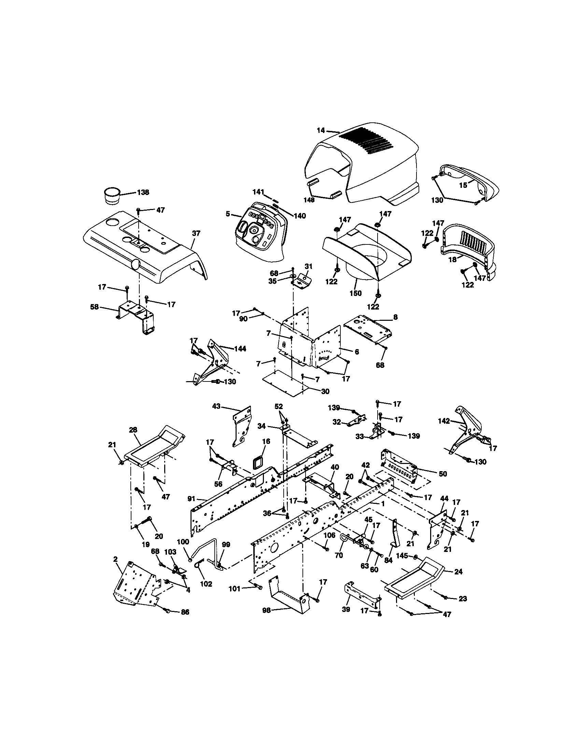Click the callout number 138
click(143, 192)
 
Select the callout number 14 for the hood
click(321, 131)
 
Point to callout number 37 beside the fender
click(196, 234)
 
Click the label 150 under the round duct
click(355, 293)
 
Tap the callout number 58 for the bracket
click(94, 307)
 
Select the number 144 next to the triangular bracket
click(240, 349)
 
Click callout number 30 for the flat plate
click(325, 391)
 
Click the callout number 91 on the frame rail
click(192, 498)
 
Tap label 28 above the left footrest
click(133, 430)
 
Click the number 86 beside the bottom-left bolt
click(185, 612)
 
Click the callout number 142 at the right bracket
click(444, 421)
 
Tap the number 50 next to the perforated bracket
click(443, 474)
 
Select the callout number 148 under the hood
click(309, 200)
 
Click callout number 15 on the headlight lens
click(463, 185)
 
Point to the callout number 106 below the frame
click(329, 535)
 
